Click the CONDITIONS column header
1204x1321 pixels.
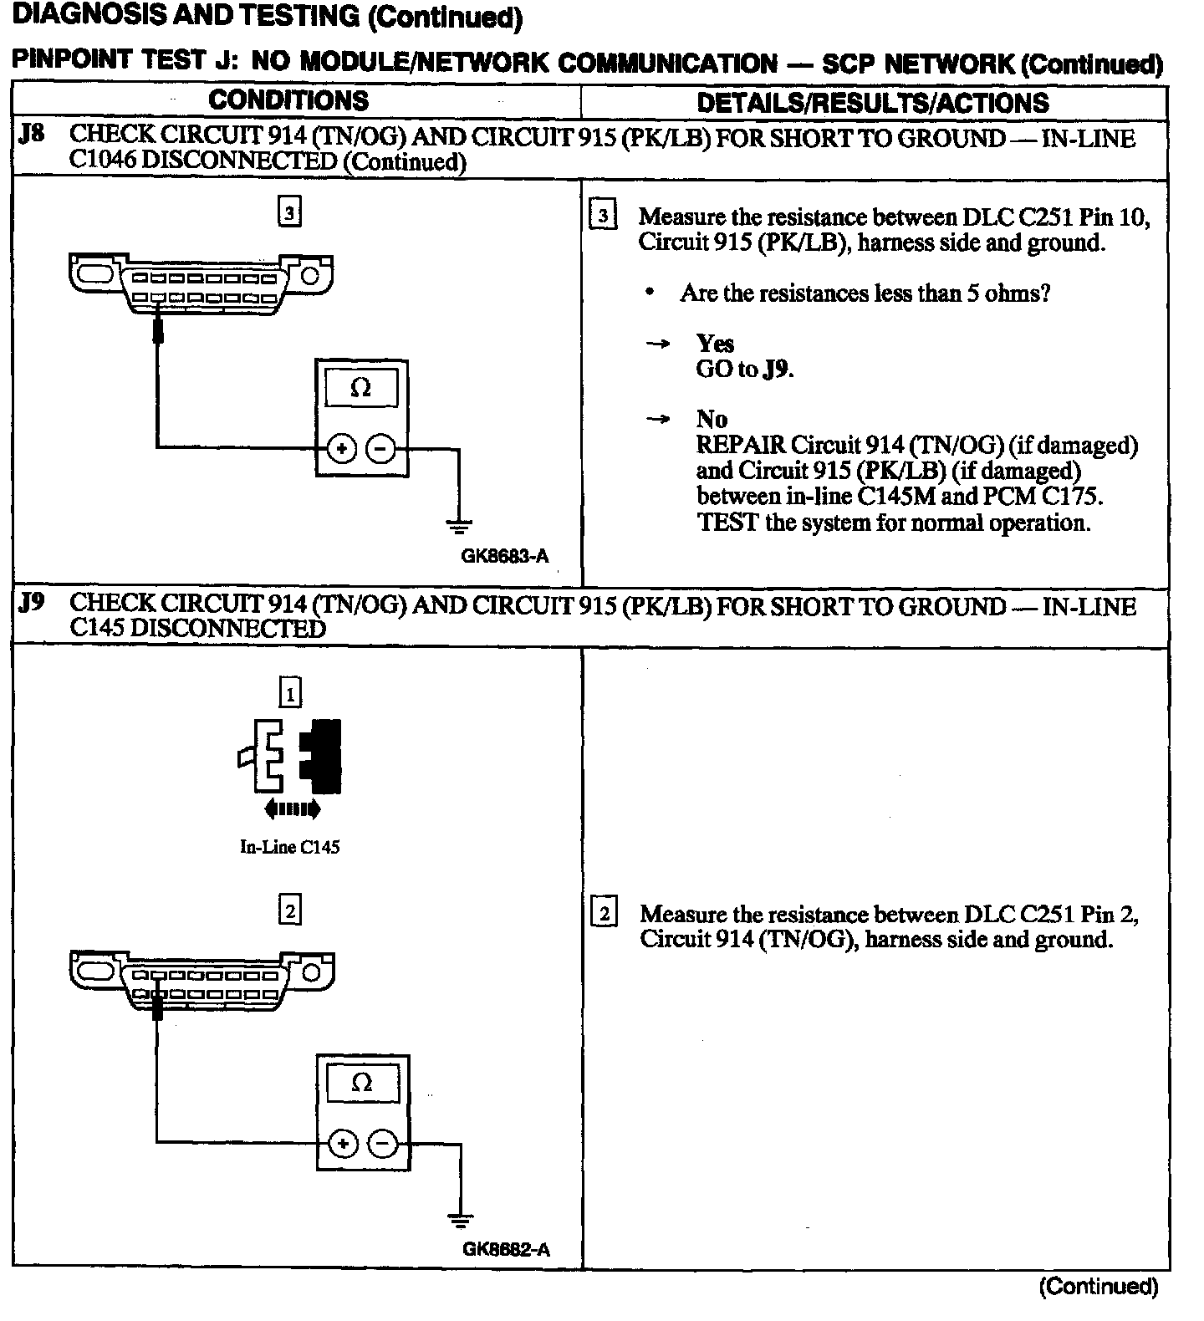coord(288,100)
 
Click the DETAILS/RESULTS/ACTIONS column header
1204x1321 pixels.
coord(872,103)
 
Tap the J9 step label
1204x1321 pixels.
coord(31,602)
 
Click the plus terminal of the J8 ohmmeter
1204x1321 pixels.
coord(340,449)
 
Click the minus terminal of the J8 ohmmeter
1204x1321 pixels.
coord(380,449)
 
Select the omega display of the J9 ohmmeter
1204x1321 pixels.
coord(362,1084)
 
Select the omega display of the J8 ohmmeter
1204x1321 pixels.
coord(361,389)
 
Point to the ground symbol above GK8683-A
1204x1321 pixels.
coord(459,525)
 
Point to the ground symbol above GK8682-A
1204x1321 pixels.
coord(459,1221)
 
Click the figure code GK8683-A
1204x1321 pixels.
coord(505,556)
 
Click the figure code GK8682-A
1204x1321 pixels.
coord(506,1250)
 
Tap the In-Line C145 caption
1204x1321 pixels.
coord(290,847)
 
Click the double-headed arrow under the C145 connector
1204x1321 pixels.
coord(291,808)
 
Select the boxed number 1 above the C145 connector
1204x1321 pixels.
coord(289,693)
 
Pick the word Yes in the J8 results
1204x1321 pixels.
coord(715,343)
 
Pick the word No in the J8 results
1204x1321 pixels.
coord(712,419)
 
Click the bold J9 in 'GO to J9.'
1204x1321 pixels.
coord(777,369)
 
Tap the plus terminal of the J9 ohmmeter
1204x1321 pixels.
coord(343,1143)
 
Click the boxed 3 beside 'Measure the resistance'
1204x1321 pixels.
coord(603,217)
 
